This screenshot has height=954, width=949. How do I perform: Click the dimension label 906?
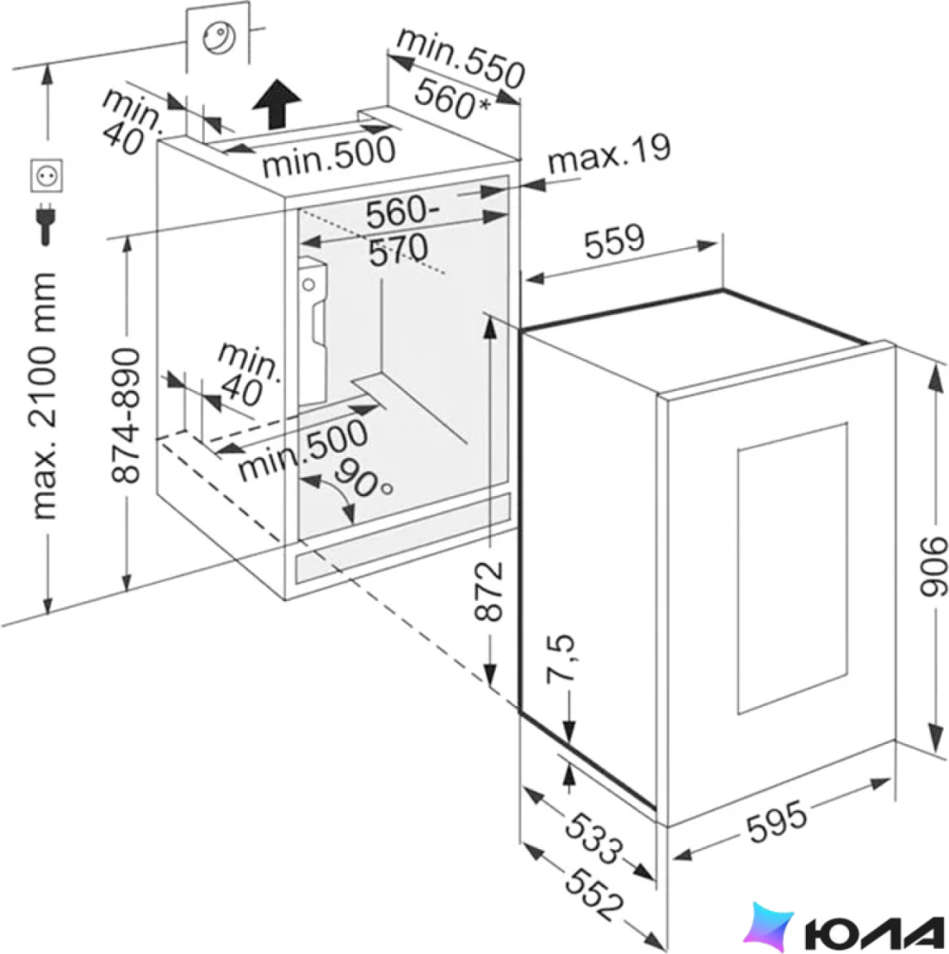pos(933,565)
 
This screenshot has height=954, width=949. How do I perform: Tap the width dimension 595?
pos(776,822)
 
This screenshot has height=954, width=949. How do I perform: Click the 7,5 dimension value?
pos(560,659)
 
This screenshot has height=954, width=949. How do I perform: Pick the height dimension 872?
pos(488,591)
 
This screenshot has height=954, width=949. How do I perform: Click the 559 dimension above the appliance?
pos(613,241)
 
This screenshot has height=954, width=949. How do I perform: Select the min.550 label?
pos(461,58)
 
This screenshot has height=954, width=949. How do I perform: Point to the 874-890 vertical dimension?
pos(126,415)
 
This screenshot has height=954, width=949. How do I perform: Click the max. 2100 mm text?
pos(44,396)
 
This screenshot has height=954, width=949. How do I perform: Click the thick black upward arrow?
pos(277,104)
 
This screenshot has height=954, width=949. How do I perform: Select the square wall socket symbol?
pos(46,175)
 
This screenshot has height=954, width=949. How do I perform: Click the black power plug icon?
pos(46,223)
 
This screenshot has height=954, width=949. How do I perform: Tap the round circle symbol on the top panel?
pos(219,37)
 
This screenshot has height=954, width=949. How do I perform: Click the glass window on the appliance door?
pos(792,568)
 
